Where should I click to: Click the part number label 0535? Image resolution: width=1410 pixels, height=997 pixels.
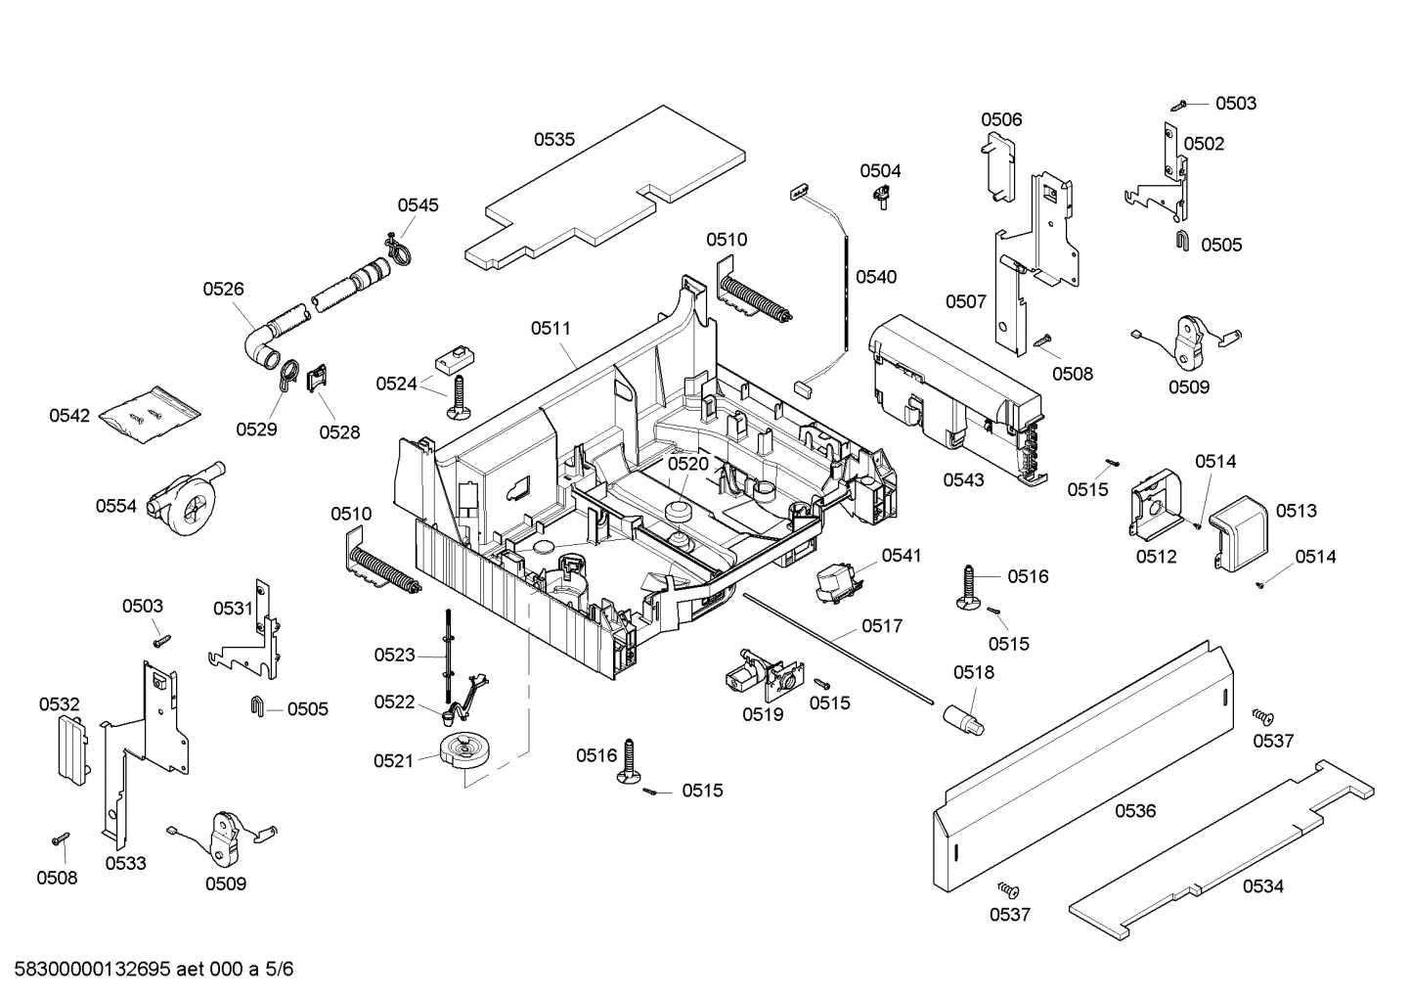coord(553,140)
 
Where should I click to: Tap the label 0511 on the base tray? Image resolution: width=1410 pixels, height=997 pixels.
coord(551,329)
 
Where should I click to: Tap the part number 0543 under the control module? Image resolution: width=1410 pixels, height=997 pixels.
coord(963,480)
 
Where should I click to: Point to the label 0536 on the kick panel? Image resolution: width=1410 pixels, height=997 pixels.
coord(1135,811)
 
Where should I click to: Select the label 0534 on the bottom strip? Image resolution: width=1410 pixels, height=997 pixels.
coord(1263,886)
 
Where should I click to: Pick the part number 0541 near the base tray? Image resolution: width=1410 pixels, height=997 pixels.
coord(901,556)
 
